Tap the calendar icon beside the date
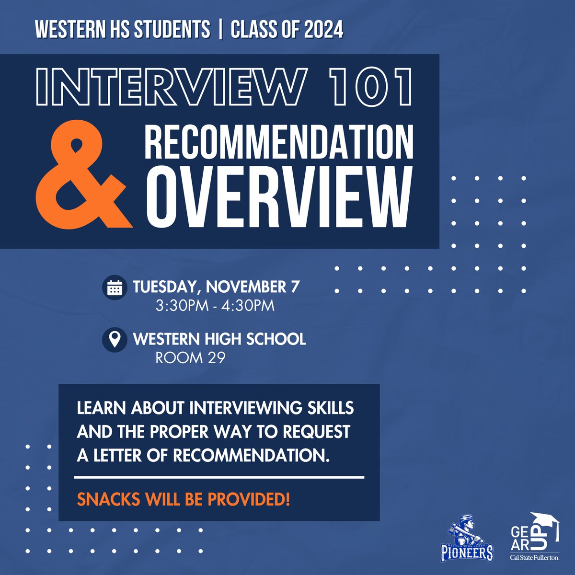point(115,287)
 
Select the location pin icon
point(115,340)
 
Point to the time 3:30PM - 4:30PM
point(215,306)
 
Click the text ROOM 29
point(190,358)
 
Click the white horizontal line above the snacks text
point(219,478)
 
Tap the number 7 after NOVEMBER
point(295,287)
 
